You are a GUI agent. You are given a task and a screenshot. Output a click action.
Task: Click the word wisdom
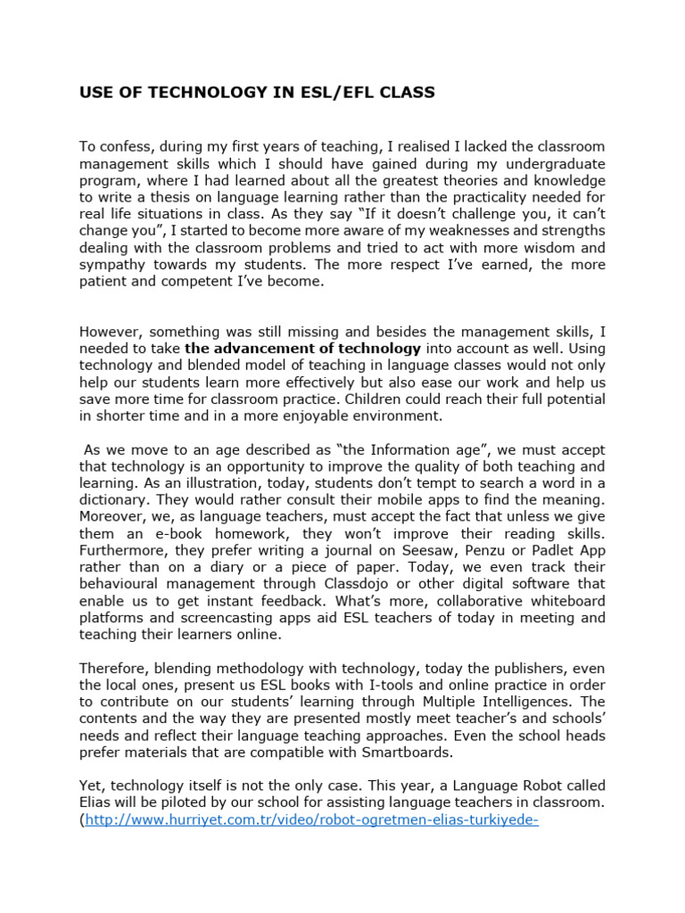pyautogui.click(x=551, y=249)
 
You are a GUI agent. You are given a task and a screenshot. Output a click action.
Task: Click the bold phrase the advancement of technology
pyautogui.click(x=302, y=348)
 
